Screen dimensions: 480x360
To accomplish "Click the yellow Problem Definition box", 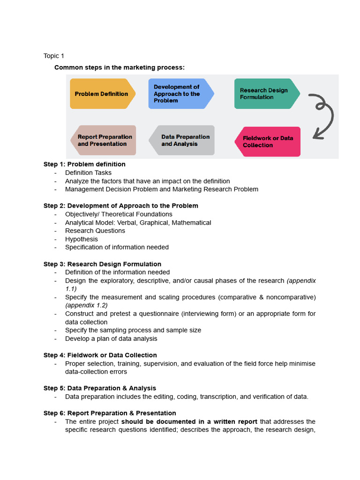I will pos(102,94).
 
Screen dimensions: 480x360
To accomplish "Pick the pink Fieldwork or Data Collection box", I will pos(267,142).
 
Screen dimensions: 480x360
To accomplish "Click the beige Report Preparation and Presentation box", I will pos(104,140).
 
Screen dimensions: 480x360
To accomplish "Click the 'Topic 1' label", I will pos(54,56).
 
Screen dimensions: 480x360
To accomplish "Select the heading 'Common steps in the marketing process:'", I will pos(120,67).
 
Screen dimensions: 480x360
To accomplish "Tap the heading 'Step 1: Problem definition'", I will pos(84,164).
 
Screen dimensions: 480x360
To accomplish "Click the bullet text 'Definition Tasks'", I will pos(88,172).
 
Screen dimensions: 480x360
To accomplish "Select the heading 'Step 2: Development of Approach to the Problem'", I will pos(121,206).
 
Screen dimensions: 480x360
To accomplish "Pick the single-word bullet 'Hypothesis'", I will pos(82,239).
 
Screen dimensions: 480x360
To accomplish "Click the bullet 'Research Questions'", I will pos(95,231).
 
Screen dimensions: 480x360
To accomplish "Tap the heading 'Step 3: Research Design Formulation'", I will pos(102,264).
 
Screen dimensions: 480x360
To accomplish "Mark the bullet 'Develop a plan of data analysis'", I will pos(111,338).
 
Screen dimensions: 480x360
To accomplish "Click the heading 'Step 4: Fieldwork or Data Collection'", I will pos(100,355).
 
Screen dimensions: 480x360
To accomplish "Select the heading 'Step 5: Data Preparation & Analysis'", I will pos(100,388).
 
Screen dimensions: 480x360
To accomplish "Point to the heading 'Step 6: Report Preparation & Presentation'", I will pos(110,413).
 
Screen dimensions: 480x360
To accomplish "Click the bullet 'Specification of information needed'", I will pos(117,247).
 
